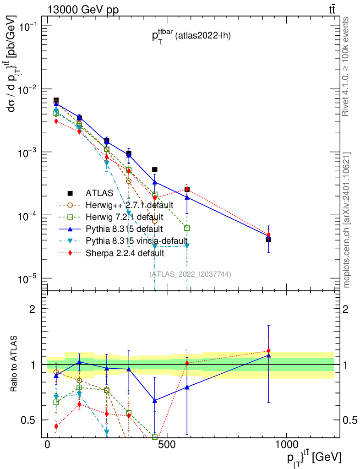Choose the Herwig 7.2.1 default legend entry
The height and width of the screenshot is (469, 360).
(x=125, y=217)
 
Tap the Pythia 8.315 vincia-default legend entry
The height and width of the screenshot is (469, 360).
(x=136, y=240)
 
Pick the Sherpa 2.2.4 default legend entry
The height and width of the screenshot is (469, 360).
(x=125, y=252)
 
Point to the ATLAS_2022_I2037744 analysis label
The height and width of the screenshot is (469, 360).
(x=190, y=274)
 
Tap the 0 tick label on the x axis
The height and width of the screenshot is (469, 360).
(x=48, y=445)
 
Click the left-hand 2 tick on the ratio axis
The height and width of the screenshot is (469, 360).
(x=33, y=309)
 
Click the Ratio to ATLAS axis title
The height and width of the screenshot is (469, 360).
(x=15, y=365)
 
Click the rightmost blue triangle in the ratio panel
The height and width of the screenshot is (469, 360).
(x=268, y=355)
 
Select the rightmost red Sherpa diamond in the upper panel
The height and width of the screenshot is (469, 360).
(x=269, y=234)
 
